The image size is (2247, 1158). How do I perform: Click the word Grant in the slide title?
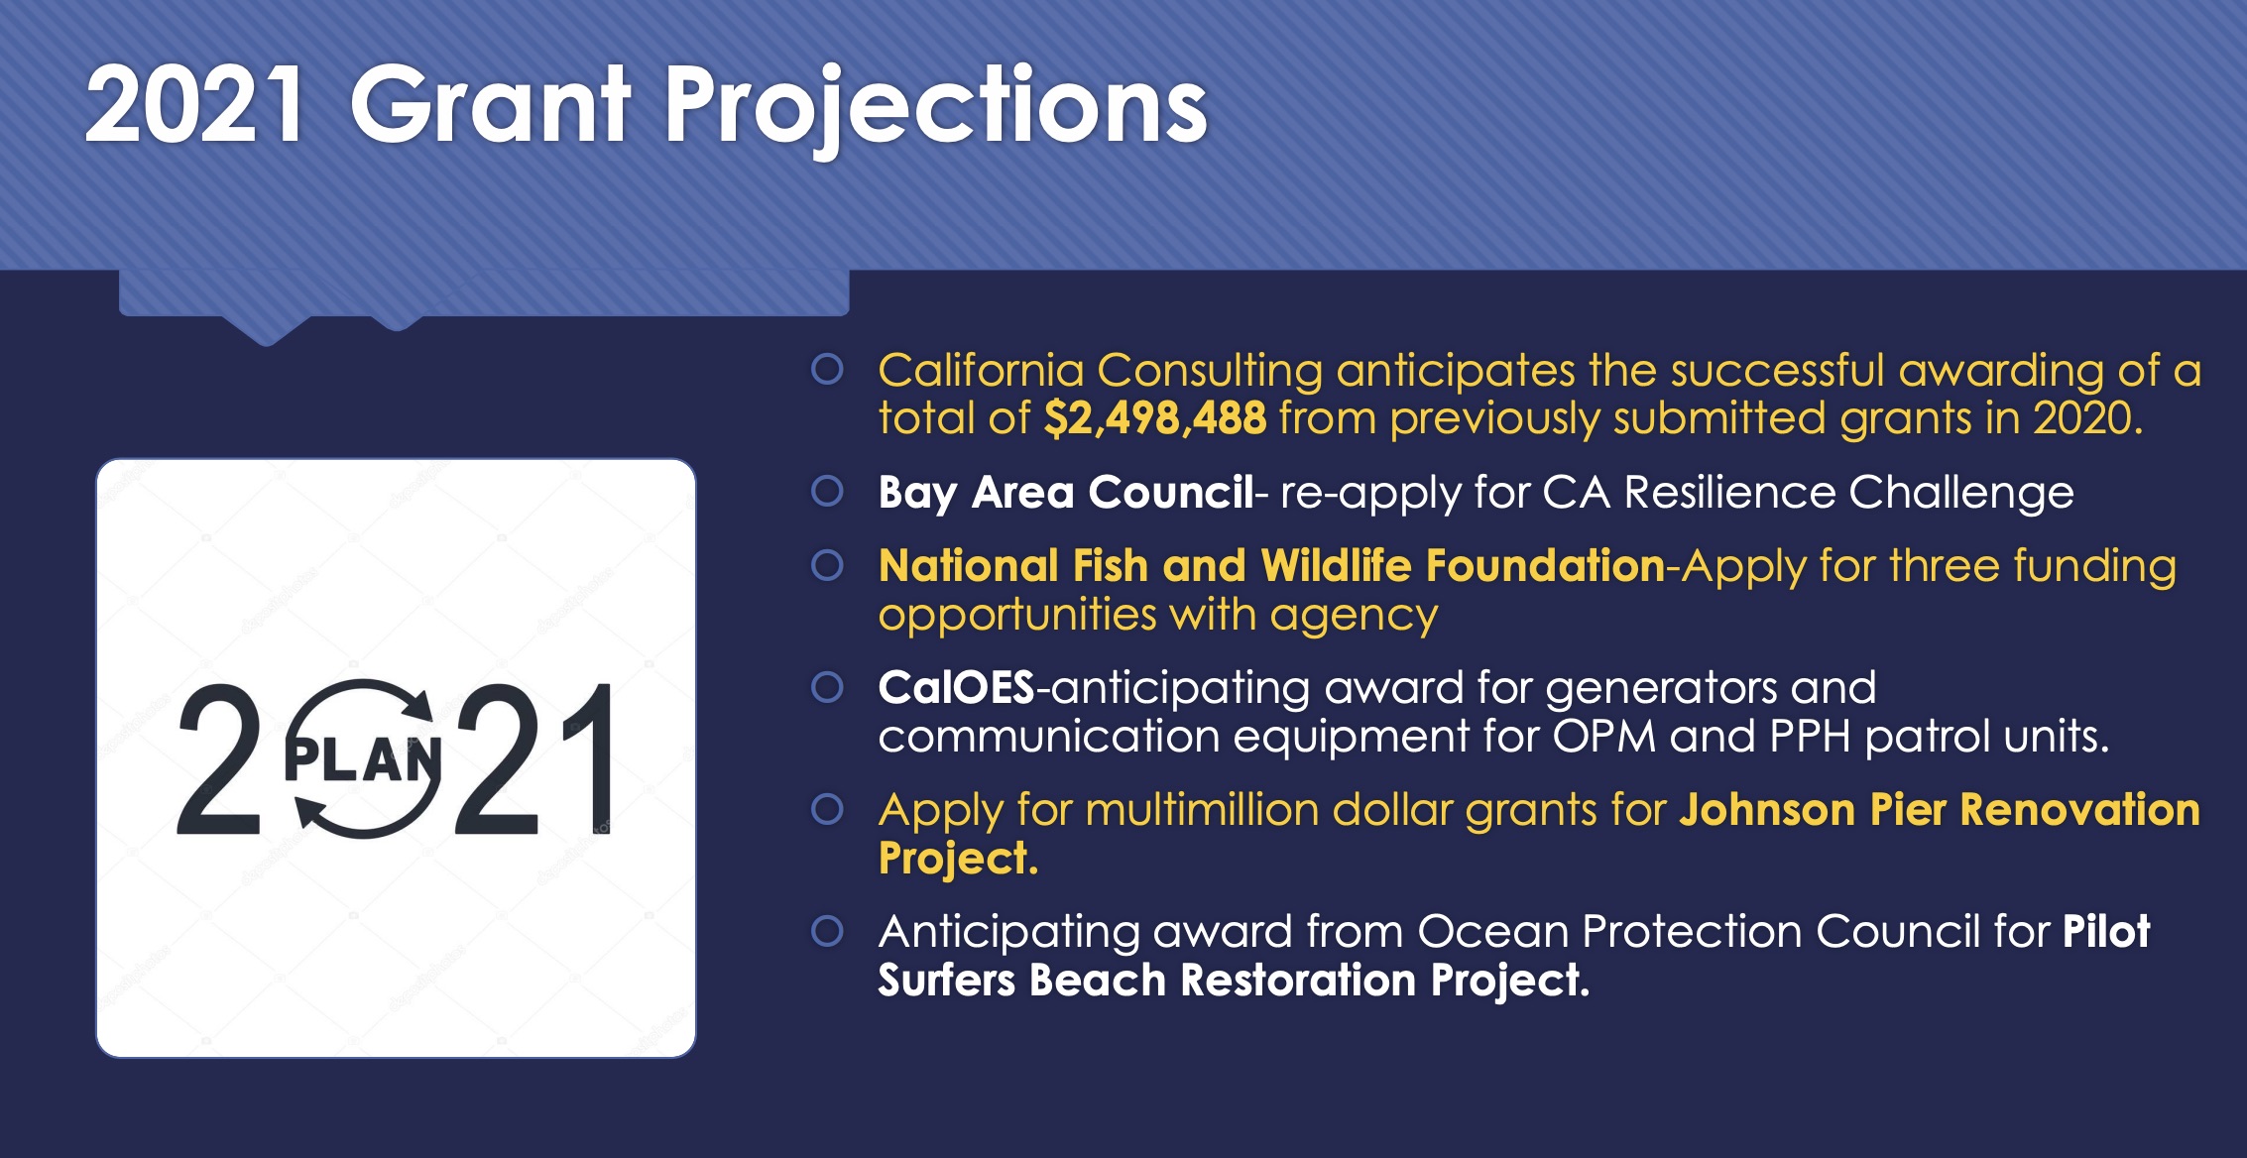click(490, 104)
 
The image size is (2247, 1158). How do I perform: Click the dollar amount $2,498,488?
click(1155, 418)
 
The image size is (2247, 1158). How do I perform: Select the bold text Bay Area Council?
click(1066, 493)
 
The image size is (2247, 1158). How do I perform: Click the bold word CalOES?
click(956, 687)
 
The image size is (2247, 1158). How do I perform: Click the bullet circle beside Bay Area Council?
click(827, 491)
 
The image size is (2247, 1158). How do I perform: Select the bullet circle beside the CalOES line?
click(827, 686)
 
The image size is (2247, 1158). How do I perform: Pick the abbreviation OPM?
click(1604, 736)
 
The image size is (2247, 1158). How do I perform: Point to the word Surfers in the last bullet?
click(947, 980)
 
